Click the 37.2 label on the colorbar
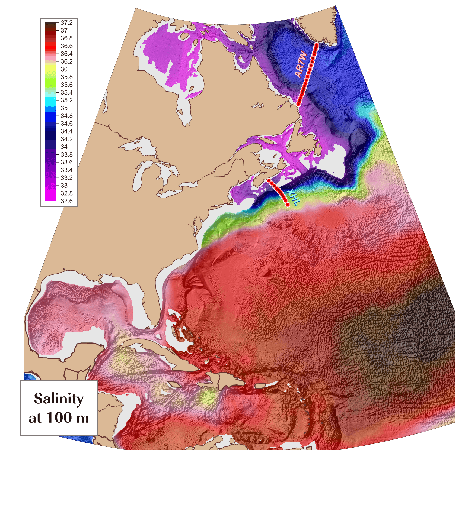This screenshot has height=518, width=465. [66, 23]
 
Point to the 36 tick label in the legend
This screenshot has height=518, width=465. [64, 69]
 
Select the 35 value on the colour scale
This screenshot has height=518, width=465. [64, 108]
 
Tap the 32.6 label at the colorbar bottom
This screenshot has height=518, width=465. [66, 201]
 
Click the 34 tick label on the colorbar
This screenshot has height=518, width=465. [64, 147]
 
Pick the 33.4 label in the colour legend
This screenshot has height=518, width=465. [66, 170]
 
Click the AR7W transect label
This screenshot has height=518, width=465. [301, 64]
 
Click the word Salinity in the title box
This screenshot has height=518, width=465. [59, 399]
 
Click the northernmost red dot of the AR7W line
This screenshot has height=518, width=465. [317, 44]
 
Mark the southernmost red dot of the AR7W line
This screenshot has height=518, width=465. [298, 104]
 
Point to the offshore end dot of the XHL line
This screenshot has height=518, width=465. [288, 205]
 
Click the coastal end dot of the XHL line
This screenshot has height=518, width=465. [269, 180]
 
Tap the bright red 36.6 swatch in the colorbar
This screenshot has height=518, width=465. [50, 46]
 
